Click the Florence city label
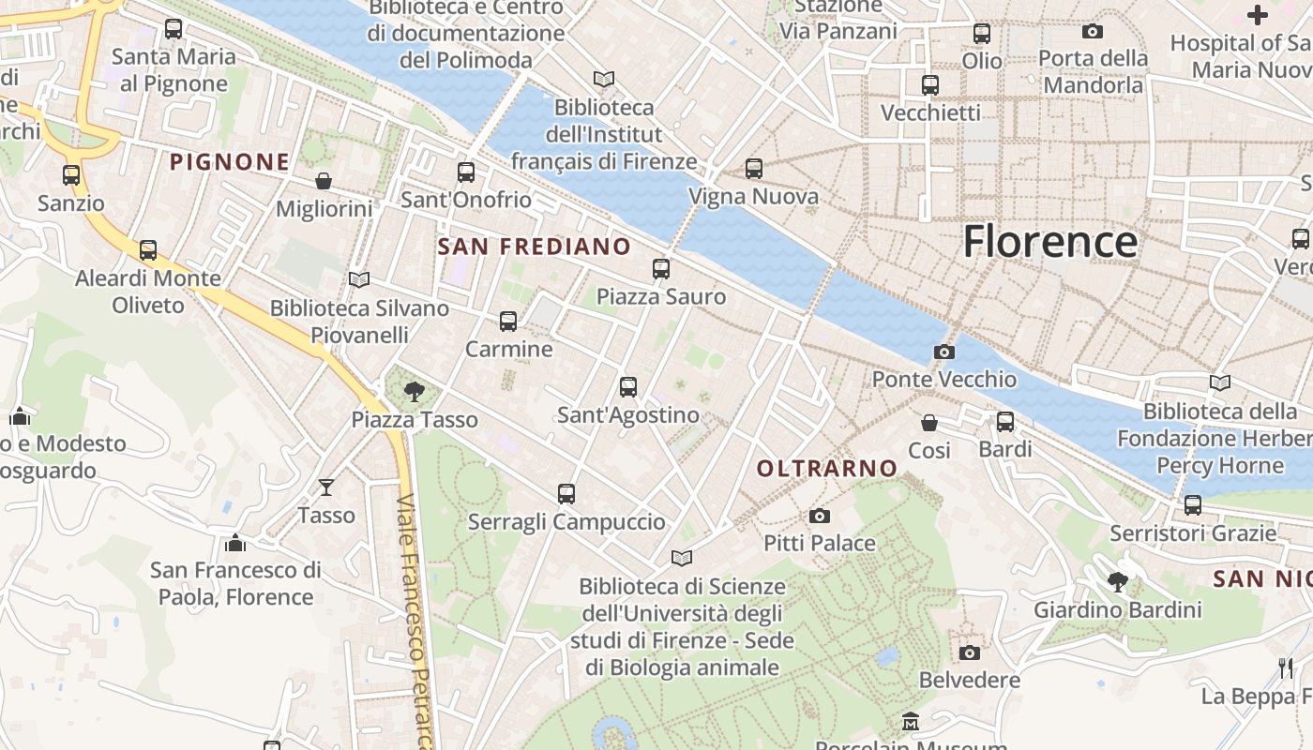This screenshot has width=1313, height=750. click(x=1050, y=241)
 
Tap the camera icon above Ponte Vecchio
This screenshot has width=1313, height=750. click(x=944, y=352)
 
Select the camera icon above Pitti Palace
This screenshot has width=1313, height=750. click(x=819, y=517)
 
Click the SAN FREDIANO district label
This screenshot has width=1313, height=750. click(x=535, y=247)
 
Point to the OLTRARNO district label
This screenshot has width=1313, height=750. click(x=826, y=468)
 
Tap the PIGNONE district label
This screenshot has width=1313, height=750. click(x=230, y=162)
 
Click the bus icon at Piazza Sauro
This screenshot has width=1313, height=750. click(x=661, y=269)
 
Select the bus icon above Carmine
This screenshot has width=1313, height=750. click(x=508, y=322)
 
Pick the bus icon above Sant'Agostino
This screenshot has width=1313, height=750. click(x=628, y=386)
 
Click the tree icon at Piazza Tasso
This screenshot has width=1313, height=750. click(x=414, y=392)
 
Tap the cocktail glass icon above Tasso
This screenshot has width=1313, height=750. click(x=326, y=487)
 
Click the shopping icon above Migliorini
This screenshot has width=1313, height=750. click(x=324, y=181)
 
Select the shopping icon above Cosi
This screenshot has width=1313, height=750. click(x=929, y=423)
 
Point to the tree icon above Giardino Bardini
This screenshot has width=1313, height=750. click(x=1117, y=582)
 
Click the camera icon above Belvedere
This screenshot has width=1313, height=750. click(x=970, y=652)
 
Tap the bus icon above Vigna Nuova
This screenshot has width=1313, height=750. click(x=754, y=169)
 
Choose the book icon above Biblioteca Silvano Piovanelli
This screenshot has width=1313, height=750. click(x=359, y=279)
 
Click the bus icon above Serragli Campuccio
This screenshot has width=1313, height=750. click(x=566, y=493)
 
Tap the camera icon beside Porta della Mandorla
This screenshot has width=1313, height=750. click(x=1093, y=32)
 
